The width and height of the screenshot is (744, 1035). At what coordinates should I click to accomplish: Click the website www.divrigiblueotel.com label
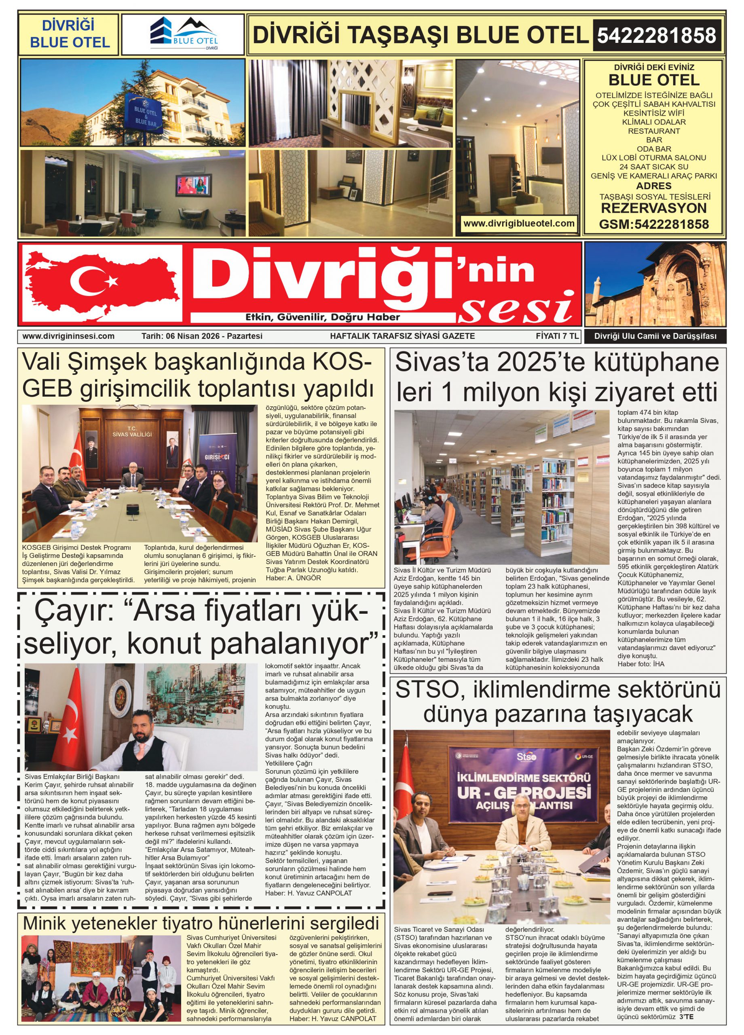(518, 224)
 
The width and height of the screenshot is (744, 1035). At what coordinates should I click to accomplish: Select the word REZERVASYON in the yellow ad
(653, 209)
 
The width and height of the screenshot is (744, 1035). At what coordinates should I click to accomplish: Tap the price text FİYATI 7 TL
(557, 336)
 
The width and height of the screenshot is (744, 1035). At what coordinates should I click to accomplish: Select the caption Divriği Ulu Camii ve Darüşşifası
(655, 337)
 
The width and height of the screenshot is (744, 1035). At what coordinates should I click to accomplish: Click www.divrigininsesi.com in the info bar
(68, 336)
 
